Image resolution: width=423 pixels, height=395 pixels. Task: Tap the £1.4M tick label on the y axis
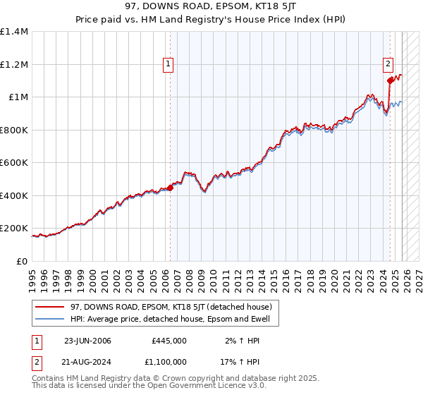(x=14, y=32)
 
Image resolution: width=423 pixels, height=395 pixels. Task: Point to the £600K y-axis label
(x=14, y=163)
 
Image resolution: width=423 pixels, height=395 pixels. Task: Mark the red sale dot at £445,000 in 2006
(x=170, y=188)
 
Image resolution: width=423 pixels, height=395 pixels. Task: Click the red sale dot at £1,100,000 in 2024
(x=389, y=80)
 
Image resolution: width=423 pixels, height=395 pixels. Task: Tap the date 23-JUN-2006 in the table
(x=87, y=341)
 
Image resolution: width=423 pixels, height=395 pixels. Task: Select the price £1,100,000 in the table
(x=169, y=363)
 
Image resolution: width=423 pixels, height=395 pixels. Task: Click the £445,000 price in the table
(x=169, y=341)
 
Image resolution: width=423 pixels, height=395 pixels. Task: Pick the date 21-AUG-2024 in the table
(x=87, y=363)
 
